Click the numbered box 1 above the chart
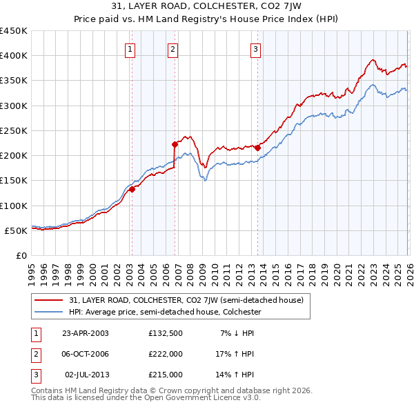(130, 48)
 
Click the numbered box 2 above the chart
(172, 48)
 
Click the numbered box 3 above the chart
(255, 48)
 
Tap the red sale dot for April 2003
(132, 190)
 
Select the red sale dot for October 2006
(175, 144)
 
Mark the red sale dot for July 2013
(257, 148)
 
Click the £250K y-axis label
(14, 130)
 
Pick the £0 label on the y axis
(21, 255)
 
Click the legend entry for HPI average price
(164, 312)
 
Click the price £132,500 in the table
(166, 333)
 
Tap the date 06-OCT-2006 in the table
(85, 353)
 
